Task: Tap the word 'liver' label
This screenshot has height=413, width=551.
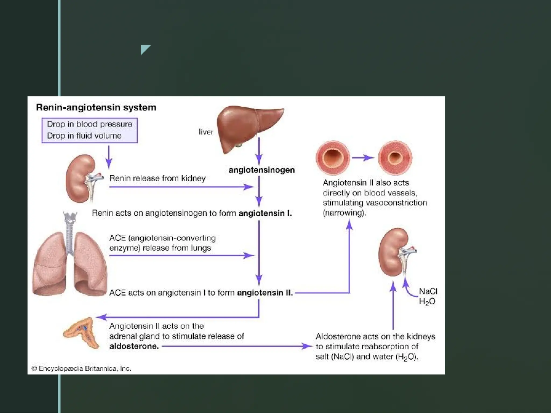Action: (206, 132)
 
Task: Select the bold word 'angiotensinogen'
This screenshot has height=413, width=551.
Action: (262, 170)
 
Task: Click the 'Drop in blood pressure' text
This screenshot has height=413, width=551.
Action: (90, 124)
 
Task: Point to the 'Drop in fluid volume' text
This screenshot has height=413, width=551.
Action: (84, 136)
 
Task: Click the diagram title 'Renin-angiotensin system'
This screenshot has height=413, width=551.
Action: (96, 107)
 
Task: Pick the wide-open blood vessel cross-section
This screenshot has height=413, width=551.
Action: (333, 158)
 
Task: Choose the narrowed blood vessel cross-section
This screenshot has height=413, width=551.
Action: (395, 158)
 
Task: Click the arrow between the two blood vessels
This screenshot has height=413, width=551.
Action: (363, 158)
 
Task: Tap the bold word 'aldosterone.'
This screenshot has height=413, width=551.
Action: (134, 346)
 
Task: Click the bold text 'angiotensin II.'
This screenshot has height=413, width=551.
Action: (265, 293)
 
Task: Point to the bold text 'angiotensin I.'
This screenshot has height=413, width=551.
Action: (265, 213)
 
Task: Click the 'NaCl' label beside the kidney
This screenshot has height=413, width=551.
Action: (428, 291)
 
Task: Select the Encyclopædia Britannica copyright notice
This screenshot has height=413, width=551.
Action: (81, 368)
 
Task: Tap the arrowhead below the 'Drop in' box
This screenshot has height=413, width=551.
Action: (109, 163)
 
